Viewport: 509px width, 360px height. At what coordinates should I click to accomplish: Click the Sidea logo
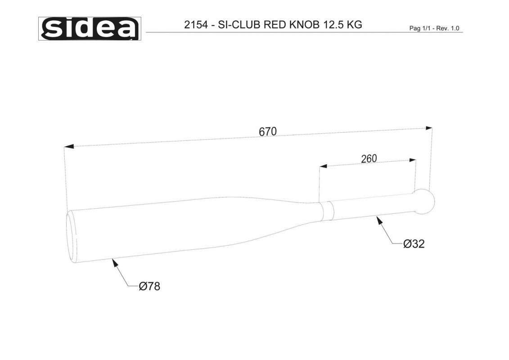[x=90, y=28]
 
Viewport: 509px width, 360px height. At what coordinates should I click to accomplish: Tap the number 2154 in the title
[x=196, y=25]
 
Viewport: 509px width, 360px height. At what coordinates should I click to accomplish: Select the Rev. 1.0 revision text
[x=448, y=28]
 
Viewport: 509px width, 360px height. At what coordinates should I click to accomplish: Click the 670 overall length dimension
[x=268, y=131]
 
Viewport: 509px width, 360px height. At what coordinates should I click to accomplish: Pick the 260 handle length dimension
[x=369, y=159]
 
